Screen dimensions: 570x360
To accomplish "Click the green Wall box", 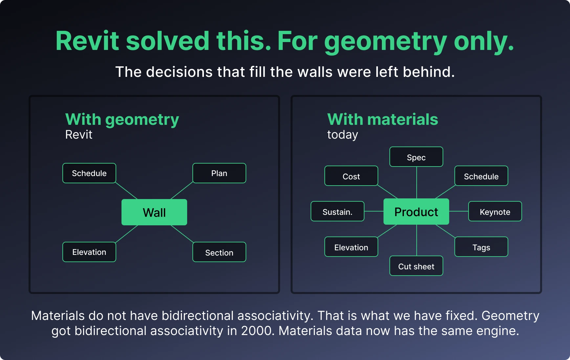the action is tap(154, 212).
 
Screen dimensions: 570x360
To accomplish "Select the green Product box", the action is tap(416, 212).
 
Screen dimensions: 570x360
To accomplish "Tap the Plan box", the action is tap(219, 173).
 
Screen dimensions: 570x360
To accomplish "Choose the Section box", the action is tap(219, 252).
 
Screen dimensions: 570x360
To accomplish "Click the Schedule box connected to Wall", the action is tap(89, 173).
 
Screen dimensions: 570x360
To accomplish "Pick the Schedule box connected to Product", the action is tap(481, 176).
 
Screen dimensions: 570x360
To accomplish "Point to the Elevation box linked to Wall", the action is tap(89, 252).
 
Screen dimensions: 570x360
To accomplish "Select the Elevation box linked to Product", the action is tap(351, 247).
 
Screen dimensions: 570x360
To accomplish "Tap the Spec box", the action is tap(416, 157).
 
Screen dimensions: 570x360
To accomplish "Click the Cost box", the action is tap(351, 176).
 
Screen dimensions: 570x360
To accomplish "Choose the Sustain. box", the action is tap(338, 211).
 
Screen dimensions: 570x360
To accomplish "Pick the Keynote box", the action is tap(495, 211).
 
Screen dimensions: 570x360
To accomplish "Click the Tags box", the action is tap(481, 247).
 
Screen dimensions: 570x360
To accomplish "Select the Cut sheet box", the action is tap(416, 266).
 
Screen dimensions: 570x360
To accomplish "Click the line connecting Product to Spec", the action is tap(417, 183).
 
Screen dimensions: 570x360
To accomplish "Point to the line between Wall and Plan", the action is tap(182, 191).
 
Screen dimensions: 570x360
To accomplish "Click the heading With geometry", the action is tap(122, 120).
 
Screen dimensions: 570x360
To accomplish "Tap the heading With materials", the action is tap(383, 119).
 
